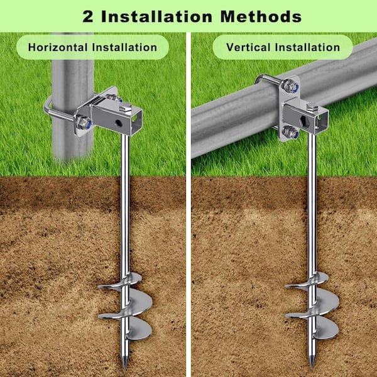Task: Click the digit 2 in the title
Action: click(88, 17)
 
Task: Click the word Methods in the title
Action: click(261, 16)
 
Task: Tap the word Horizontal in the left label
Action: click(58, 47)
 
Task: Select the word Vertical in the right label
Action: click(248, 47)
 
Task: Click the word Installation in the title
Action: click(156, 16)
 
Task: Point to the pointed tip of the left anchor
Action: click(125, 368)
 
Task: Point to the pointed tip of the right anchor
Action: click(312, 368)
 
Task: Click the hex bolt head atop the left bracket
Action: click(125, 107)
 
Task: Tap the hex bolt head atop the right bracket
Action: click(312, 107)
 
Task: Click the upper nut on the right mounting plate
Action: click(290, 86)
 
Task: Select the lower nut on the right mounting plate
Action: click(290, 132)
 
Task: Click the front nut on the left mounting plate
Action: click(83, 123)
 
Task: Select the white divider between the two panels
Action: click(188, 204)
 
